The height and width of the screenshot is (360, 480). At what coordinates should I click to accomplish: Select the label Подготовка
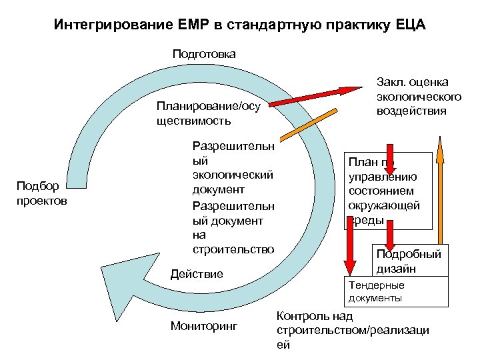tap(204, 53)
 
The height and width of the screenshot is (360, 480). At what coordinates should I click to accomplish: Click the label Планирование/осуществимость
tap(207, 113)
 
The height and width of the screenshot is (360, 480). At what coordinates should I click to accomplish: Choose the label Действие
tap(197, 273)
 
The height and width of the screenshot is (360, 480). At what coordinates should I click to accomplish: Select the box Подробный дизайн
tap(409, 261)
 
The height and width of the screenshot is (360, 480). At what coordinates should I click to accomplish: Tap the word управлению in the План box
tap(383, 177)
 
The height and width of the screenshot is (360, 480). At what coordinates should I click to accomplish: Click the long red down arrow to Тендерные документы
tap(348, 247)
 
